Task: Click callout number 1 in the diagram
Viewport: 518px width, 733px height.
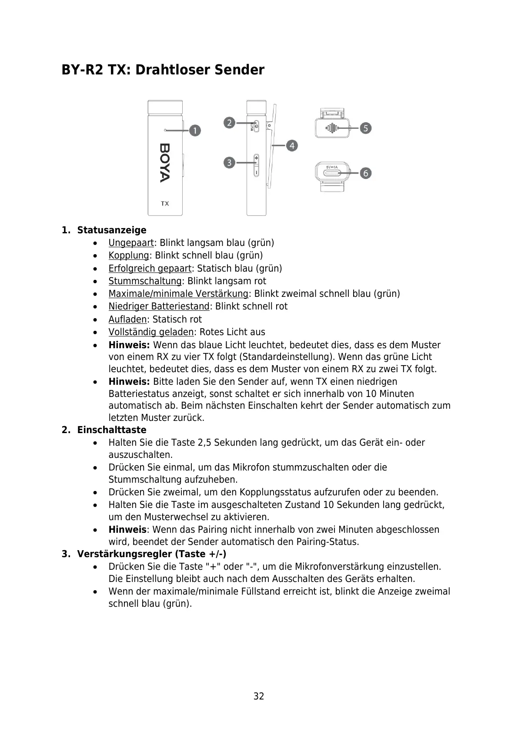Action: pyautogui.click(x=195, y=130)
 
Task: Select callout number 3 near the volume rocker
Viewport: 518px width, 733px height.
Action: pyautogui.click(x=229, y=163)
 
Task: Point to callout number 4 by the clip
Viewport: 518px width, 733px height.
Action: pyautogui.click(x=292, y=145)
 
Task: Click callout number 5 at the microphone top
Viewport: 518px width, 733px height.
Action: pyautogui.click(x=366, y=128)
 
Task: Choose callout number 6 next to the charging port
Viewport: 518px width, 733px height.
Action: pyautogui.click(x=366, y=173)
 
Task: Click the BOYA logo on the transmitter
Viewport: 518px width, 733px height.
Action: pyautogui.click(x=165, y=163)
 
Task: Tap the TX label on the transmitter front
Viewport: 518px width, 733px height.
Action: pyautogui.click(x=165, y=203)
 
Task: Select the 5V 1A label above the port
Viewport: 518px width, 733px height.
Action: pyautogui.click(x=332, y=166)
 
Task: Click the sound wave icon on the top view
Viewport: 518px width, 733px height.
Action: pyautogui.click(x=333, y=128)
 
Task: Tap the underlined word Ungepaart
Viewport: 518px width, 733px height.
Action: pyautogui.click(x=131, y=243)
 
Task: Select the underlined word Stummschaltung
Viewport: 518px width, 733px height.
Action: pyautogui.click(x=145, y=281)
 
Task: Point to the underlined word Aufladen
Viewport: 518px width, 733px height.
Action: pyautogui.click(x=127, y=319)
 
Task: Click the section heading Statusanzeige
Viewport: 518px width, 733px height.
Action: pyautogui.click(x=112, y=230)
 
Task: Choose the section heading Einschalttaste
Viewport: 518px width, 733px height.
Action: pyautogui.click(x=112, y=430)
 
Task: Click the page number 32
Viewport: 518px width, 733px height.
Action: pyautogui.click(x=259, y=696)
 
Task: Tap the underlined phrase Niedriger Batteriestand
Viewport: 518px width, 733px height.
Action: pyautogui.click(x=159, y=306)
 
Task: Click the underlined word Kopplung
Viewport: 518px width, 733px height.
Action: pyautogui.click(x=129, y=256)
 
